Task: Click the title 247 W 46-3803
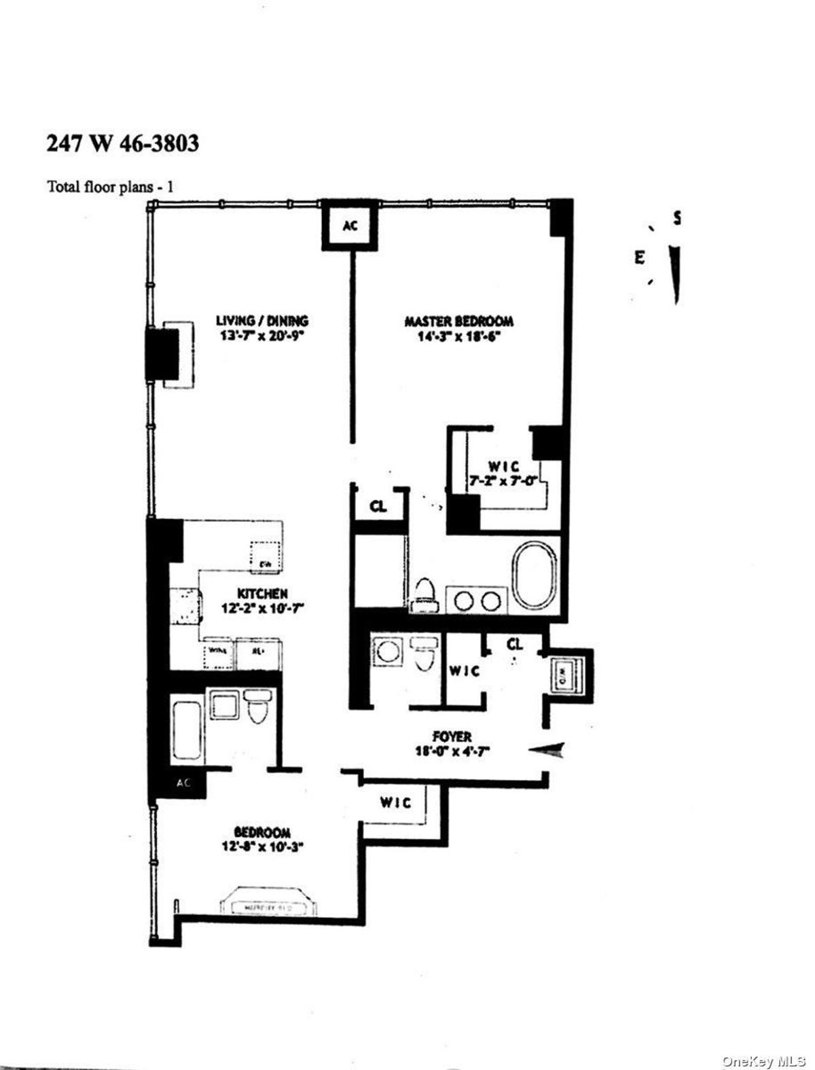[x=122, y=144]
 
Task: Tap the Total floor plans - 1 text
[x=109, y=186]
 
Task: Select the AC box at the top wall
[x=349, y=227]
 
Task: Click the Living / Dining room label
[x=262, y=327]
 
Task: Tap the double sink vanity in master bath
[x=475, y=601]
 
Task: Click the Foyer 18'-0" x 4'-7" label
[x=452, y=743]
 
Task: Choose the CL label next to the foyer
[x=515, y=643]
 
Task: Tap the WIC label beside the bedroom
[x=395, y=803]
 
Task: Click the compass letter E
[x=638, y=257]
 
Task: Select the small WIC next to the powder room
[x=464, y=671]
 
